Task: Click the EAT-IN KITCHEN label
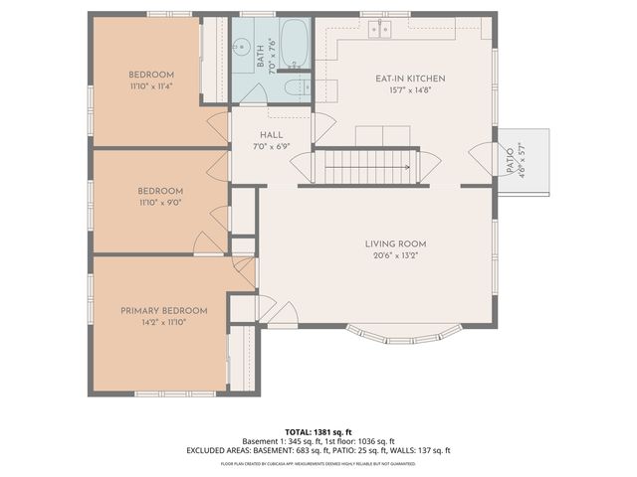(410, 79)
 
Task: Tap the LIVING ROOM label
(395, 242)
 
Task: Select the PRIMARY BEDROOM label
(164, 310)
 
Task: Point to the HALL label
(272, 134)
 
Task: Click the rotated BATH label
(261, 63)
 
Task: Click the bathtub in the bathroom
(294, 43)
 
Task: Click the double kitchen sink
(379, 29)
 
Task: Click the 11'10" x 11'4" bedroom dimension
(151, 86)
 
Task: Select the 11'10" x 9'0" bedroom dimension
(160, 203)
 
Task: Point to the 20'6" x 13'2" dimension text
(395, 254)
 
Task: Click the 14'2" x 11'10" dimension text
(164, 322)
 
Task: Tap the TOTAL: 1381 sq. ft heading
(318, 430)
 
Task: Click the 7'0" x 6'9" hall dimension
(272, 146)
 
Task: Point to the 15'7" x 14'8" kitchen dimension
(410, 90)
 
